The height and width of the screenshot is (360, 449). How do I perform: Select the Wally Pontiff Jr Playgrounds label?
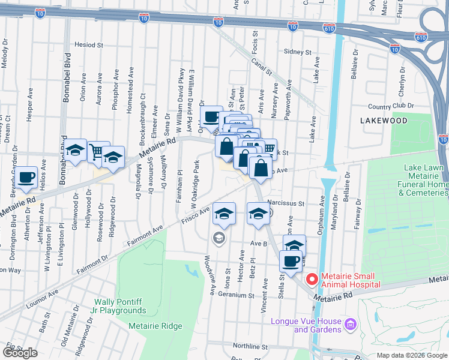[x=121, y=306]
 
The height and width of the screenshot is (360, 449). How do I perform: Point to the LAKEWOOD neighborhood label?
[x=384, y=121]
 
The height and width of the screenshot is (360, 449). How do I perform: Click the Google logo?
[x=20, y=353]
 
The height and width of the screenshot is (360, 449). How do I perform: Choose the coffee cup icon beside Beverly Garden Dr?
[x=26, y=176]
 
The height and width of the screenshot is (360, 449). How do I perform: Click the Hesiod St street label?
[x=89, y=45]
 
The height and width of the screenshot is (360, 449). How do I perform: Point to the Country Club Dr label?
[x=391, y=106]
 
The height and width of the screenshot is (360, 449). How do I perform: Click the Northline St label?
[x=250, y=346]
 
